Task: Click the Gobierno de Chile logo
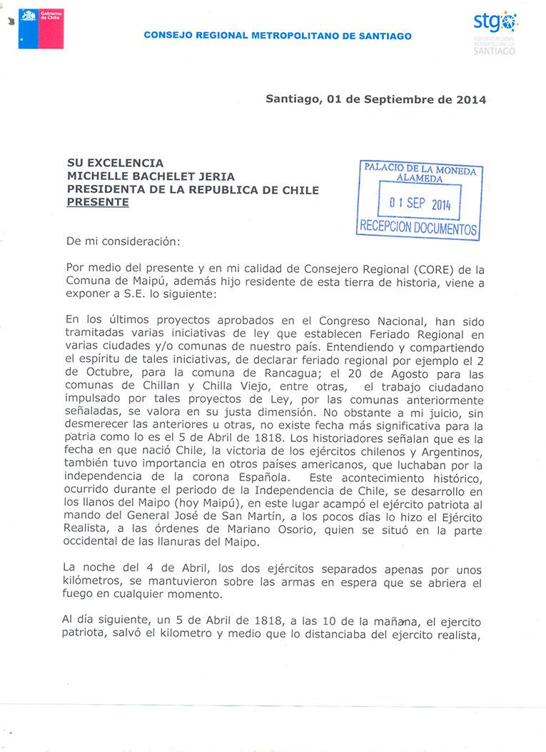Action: [41, 29]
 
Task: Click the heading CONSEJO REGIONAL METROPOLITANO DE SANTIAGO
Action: [278, 36]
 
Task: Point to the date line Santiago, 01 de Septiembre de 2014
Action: [375, 100]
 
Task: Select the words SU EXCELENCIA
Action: [115, 164]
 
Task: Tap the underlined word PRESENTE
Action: [98, 202]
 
